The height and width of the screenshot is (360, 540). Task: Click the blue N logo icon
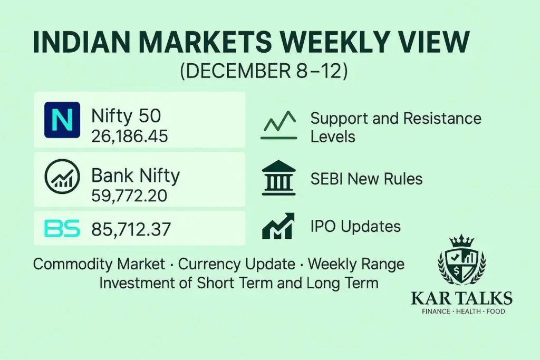pyautogui.click(x=62, y=120)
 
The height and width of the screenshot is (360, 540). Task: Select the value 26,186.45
pyautogui.click(x=129, y=137)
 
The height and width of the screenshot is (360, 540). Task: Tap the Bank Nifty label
pyautogui.click(x=136, y=176)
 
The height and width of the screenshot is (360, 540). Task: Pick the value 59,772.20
pyautogui.click(x=129, y=196)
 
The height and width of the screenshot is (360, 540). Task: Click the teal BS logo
pyautogui.click(x=62, y=228)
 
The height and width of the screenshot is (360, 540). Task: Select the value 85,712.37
pyautogui.click(x=132, y=228)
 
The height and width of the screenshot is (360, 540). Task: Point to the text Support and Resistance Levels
pyautogui.click(x=396, y=127)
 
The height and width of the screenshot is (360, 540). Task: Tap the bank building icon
pyautogui.click(x=279, y=178)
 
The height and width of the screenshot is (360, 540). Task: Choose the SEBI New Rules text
pyautogui.click(x=366, y=179)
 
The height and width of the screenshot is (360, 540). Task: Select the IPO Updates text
pyautogui.click(x=355, y=226)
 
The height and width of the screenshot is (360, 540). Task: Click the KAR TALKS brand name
pyautogui.click(x=461, y=298)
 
